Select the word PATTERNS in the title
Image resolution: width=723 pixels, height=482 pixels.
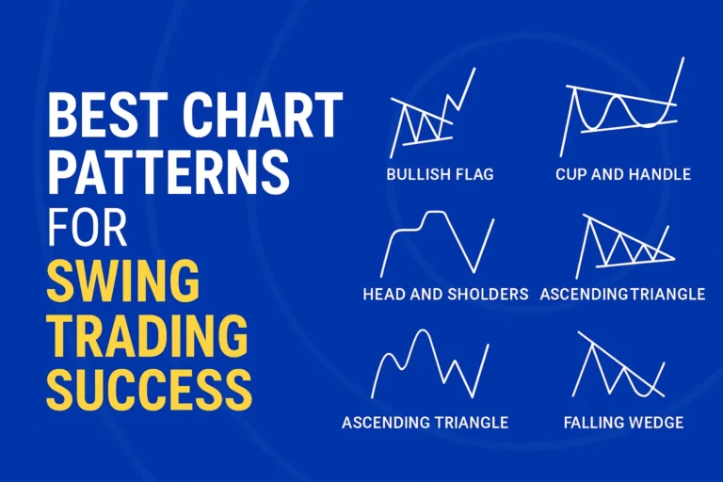[x=169, y=174]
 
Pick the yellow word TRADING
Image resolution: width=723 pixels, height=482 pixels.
[x=147, y=333]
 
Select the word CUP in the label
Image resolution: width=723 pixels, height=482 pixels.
[x=573, y=174]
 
